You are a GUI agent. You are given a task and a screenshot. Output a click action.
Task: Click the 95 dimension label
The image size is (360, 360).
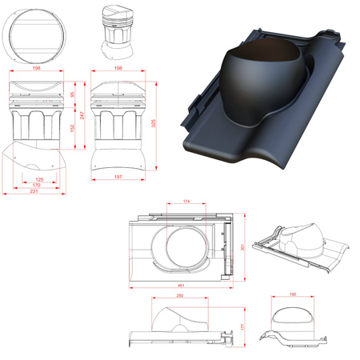72,95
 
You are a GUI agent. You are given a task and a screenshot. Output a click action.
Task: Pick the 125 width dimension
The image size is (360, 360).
39,180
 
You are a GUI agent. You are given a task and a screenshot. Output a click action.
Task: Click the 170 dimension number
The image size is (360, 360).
37,186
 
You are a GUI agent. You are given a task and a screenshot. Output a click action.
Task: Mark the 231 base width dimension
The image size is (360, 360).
34,193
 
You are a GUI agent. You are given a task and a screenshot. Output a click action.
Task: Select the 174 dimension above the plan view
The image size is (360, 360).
186,202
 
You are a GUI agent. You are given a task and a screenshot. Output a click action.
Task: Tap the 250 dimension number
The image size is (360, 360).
181,297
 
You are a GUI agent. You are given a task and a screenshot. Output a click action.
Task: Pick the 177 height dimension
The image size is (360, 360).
243,327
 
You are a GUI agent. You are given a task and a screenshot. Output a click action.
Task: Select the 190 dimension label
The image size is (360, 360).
294,296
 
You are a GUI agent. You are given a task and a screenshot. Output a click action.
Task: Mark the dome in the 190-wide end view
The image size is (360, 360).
294,315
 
